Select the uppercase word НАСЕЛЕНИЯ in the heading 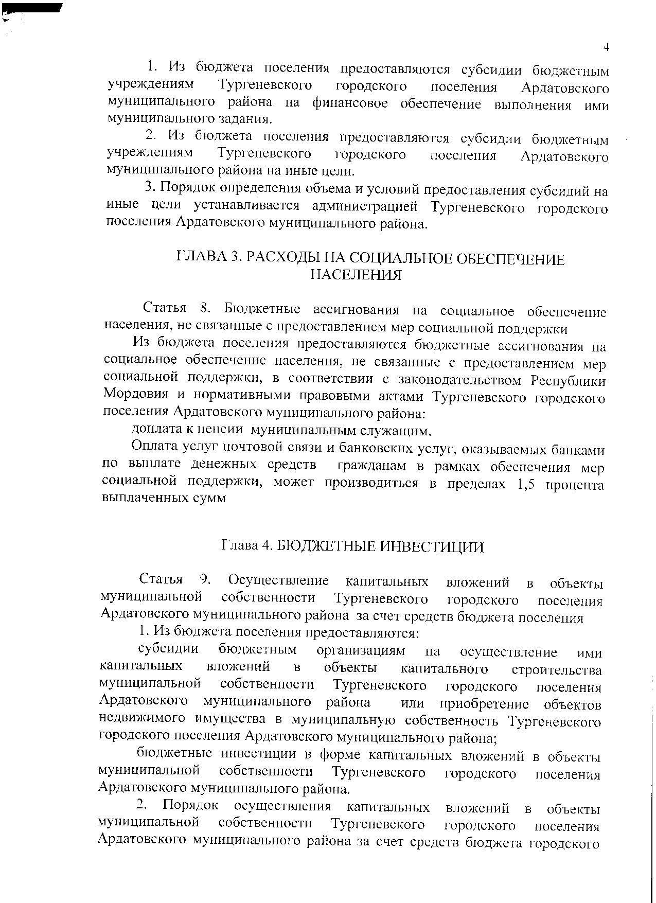(x=356, y=275)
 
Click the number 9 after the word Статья (x=205, y=580)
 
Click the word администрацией (x=363, y=207)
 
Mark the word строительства (x=557, y=670)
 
